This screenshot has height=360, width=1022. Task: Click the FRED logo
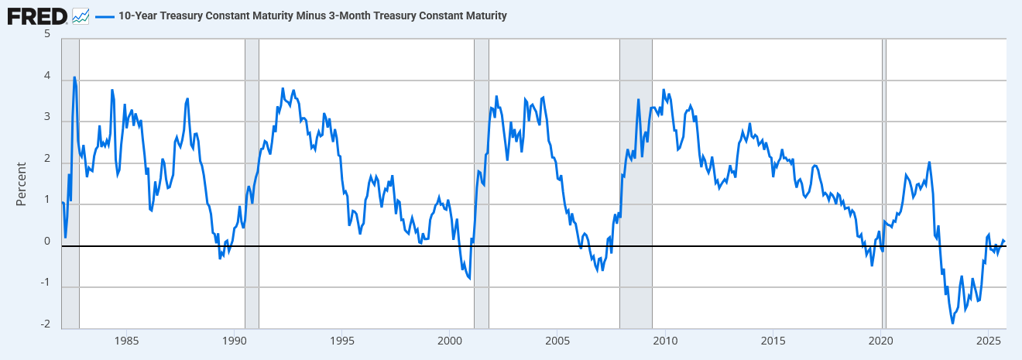36,15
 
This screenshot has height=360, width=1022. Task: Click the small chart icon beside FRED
81,15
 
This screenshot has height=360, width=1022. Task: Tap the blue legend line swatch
104,15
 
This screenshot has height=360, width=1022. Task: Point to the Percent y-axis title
22,183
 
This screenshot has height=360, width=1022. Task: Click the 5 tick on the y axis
47,34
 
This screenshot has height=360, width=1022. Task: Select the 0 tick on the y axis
47,241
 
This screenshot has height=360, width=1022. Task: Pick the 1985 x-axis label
126,340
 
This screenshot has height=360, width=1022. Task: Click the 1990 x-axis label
234,340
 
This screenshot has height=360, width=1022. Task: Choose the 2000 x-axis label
450,340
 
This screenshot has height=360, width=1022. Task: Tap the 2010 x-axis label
665,340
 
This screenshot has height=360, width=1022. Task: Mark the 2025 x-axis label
988,340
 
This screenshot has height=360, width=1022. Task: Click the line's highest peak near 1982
74,77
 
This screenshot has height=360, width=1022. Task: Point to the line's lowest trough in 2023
953,322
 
